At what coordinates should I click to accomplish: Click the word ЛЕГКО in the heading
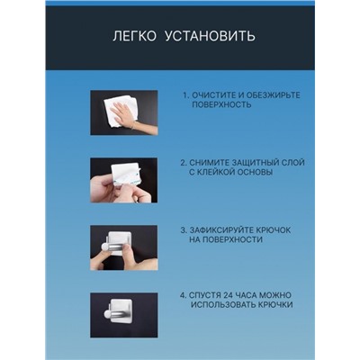pos(134,36)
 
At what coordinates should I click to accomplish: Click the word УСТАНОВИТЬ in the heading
pos(210,36)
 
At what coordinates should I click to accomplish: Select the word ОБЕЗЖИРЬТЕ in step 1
pos(273,95)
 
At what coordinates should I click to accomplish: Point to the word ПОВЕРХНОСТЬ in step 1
pos(221,105)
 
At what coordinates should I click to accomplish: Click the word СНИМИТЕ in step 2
pos(209,163)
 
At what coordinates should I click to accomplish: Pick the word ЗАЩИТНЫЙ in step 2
pos(256,163)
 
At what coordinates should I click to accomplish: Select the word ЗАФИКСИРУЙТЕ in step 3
pos(221,230)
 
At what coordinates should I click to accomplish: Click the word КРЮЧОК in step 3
pos(274,230)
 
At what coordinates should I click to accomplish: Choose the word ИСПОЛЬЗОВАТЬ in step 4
pos(223,305)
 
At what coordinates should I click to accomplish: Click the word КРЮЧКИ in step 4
pos(275,305)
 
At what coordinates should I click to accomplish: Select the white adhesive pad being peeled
pos(124,177)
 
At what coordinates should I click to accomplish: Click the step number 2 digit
pos(182,163)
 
